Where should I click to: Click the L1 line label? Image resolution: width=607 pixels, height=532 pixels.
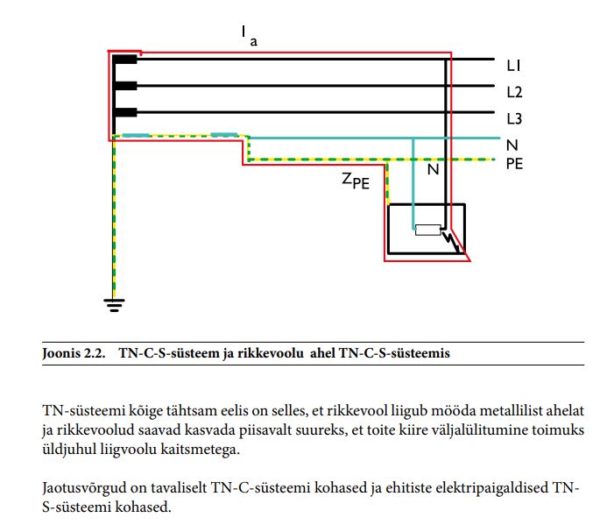click(x=513, y=66)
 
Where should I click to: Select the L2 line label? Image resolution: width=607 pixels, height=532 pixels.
click(x=514, y=91)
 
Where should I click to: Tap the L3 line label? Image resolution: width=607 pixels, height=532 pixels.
click(x=514, y=117)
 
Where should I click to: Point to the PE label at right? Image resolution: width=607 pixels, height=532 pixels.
click(x=514, y=163)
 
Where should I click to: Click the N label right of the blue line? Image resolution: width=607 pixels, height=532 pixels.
click(x=512, y=143)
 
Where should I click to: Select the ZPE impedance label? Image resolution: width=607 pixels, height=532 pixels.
click(x=356, y=182)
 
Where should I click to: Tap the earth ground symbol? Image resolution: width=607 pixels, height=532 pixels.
click(x=114, y=305)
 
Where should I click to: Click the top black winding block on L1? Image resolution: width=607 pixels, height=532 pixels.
click(x=125, y=60)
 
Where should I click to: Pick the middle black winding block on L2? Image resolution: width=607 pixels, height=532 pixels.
click(x=125, y=86)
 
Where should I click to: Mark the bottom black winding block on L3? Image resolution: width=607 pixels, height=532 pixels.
click(x=125, y=112)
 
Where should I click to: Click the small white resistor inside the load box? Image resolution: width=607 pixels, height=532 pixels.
click(x=427, y=231)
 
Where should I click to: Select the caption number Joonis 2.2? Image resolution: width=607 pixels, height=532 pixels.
click(x=73, y=353)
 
